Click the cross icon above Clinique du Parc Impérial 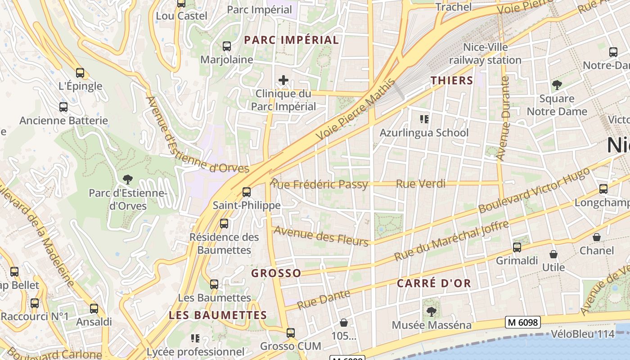[x=283, y=81]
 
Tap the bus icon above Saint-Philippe [x=246, y=192]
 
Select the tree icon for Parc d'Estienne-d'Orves [x=128, y=180]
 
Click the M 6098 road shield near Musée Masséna [x=522, y=322]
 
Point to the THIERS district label [x=451, y=81]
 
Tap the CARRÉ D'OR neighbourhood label [x=434, y=283]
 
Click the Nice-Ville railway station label [x=485, y=54]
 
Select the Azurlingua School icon [x=423, y=119]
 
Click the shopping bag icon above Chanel [x=596, y=237]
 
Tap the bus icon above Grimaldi [x=517, y=247]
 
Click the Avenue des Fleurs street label [x=321, y=236]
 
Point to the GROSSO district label [x=276, y=273]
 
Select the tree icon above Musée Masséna [x=431, y=311]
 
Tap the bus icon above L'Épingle [x=80, y=72]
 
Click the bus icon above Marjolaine [x=226, y=46]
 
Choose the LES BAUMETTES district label [x=218, y=315]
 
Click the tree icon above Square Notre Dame [x=557, y=85]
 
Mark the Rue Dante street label [x=324, y=300]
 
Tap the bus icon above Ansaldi [x=94, y=309]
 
